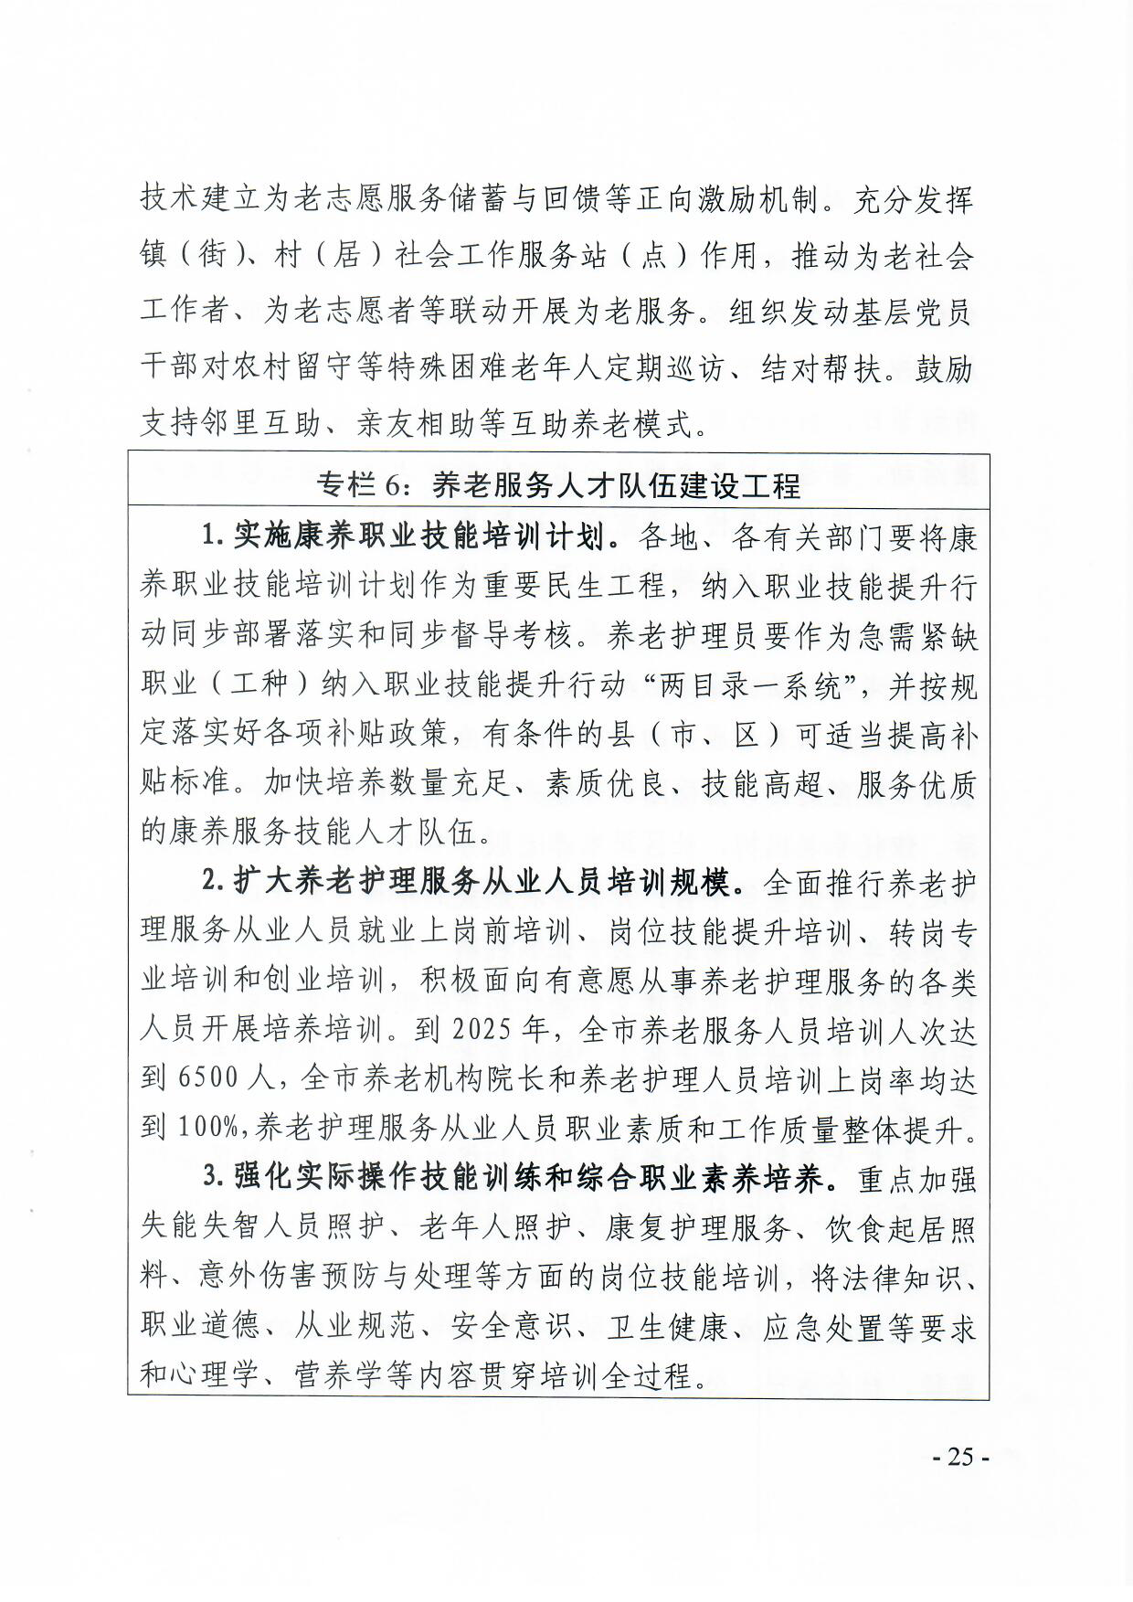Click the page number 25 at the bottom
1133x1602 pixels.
click(x=959, y=1457)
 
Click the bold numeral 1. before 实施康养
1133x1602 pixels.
click(x=213, y=536)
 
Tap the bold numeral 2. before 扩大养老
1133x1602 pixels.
click(x=213, y=883)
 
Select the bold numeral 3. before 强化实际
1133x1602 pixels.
click(x=213, y=1178)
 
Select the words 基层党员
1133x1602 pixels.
click(x=909, y=313)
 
